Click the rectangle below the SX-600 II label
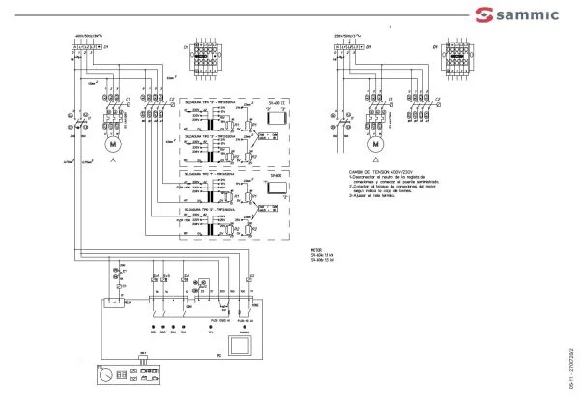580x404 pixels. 274,116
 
